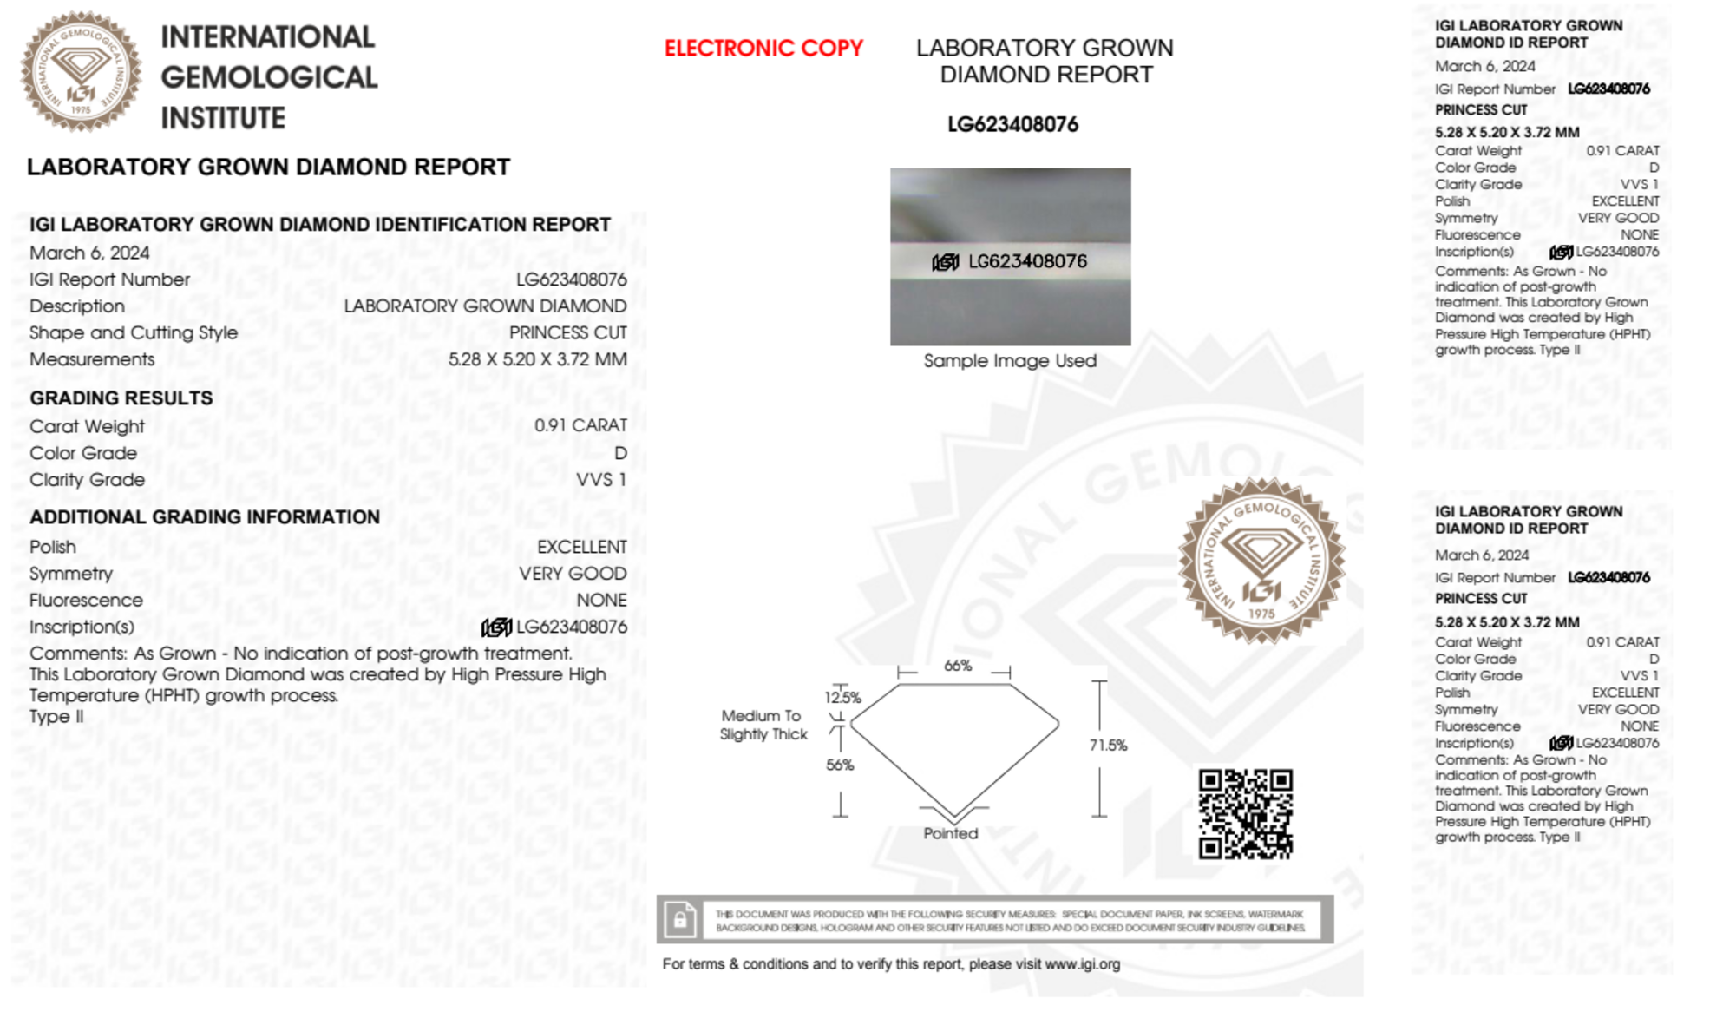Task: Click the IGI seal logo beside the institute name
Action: click(81, 72)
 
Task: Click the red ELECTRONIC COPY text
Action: click(763, 49)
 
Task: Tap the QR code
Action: click(1245, 813)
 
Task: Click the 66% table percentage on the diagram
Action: click(957, 666)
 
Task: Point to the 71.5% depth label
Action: click(1108, 745)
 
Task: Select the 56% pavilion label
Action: click(839, 765)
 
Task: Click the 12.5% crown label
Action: click(842, 697)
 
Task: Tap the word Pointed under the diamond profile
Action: click(950, 833)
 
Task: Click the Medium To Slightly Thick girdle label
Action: click(763, 725)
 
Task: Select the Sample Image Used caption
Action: click(1010, 361)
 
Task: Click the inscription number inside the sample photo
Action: click(1026, 261)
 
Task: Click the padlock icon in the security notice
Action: click(679, 919)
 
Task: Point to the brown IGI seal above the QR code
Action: click(1261, 561)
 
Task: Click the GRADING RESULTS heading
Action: click(121, 398)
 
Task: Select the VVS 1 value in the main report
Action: click(600, 480)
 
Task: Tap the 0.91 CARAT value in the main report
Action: click(580, 425)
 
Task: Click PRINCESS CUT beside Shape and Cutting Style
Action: click(567, 333)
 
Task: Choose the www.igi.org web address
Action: click(1082, 964)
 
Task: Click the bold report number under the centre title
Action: click(1012, 125)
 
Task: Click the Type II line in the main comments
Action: click(56, 717)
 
